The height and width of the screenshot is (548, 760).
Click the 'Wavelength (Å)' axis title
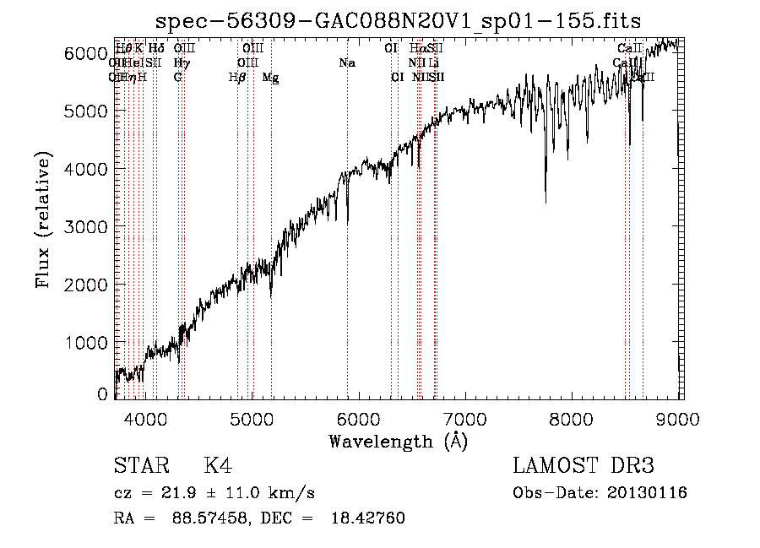(398, 441)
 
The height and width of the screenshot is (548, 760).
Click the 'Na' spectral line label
(346, 63)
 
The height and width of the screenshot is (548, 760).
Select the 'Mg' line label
(270, 78)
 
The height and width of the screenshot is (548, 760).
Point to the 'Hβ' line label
(237, 78)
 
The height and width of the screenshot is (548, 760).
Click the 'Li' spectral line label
(434, 63)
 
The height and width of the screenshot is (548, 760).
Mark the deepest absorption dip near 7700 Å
(546, 201)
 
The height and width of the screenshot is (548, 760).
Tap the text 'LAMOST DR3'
(584, 467)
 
